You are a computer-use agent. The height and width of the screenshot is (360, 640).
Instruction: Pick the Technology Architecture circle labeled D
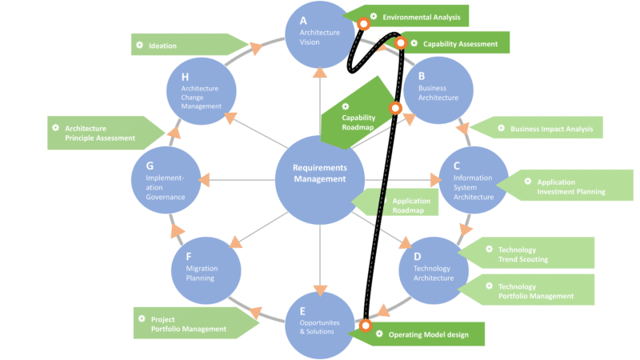pos(432,269)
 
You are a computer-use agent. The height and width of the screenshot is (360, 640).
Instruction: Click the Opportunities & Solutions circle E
pos(319,324)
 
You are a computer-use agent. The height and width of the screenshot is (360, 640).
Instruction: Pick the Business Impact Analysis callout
pos(536,128)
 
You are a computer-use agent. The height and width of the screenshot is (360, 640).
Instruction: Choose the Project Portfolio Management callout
pos(192,324)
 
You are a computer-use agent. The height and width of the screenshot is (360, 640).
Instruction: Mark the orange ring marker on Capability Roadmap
pos(394,108)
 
